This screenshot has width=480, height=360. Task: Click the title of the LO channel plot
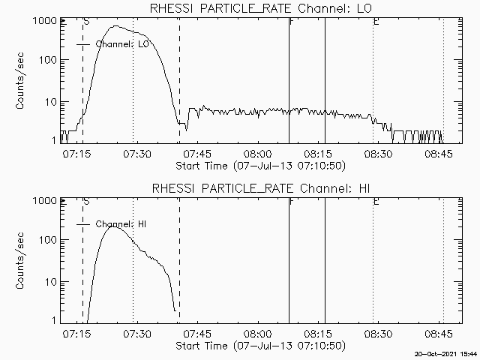click(260, 8)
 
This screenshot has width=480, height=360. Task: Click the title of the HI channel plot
click(261, 188)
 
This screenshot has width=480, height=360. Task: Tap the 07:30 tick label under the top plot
click(137, 154)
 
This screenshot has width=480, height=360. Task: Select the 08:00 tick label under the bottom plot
click(258, 334)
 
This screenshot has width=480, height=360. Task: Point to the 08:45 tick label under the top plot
click(438, 154)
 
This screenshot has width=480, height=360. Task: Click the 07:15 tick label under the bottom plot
click(76, 334)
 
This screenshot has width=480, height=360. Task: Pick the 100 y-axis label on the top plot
click(48, 60)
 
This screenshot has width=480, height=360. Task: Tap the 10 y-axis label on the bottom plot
click(51, 282)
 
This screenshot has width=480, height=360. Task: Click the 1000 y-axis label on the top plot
click(45, 21)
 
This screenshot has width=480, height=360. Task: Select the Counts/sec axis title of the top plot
click(19, 81)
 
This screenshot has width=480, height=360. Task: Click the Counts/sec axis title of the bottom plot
click(19, 261)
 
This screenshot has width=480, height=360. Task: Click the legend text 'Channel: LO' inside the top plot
click(122, 44)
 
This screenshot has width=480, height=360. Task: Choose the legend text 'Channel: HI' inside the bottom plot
click(121, 224)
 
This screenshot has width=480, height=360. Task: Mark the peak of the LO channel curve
click(115, 26)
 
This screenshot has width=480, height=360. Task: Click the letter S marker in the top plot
click(87, 22)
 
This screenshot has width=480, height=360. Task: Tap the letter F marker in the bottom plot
click(292, 202)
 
